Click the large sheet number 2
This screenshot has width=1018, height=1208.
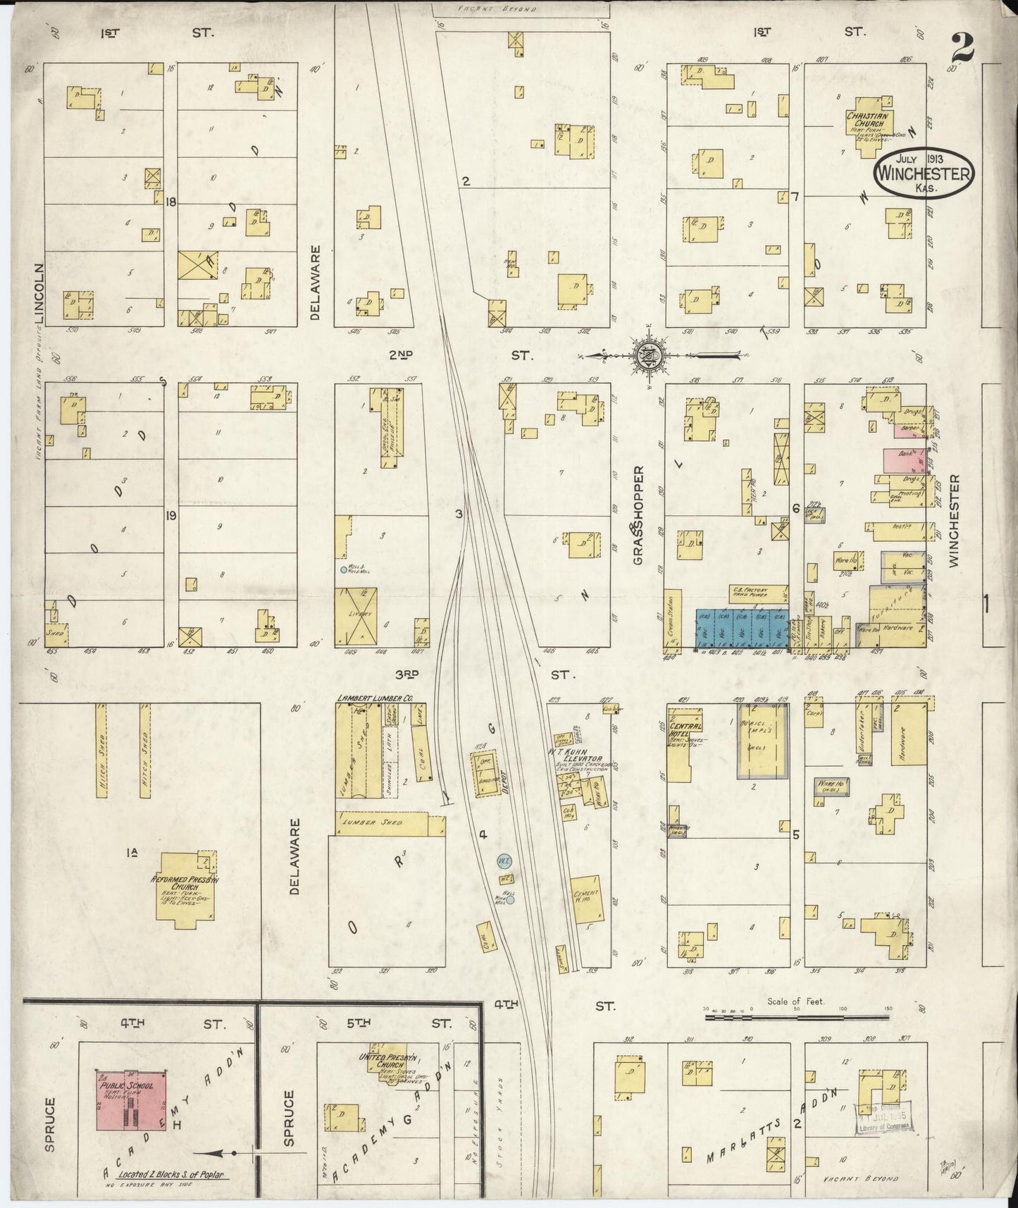point(962,48)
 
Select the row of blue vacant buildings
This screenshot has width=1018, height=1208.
point(741,627)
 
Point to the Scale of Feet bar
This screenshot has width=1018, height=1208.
point(797,1016)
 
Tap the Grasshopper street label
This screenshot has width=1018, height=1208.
point(638,514)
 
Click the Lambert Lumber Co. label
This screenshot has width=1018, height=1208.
point(374,698)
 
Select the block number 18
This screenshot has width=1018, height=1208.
point(170,202)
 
